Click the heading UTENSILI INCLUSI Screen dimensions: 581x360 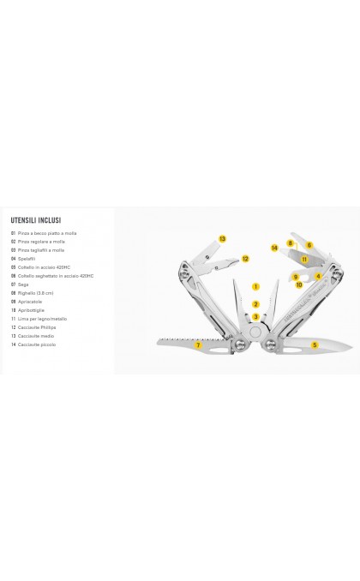(x=35, y=219)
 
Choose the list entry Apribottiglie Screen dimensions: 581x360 (x=33, y=309)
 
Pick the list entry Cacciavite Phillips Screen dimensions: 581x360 (x=39, y=326)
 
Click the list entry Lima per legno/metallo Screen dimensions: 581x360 (x=41, y=318)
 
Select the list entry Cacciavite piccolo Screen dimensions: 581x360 (x=38, y=344)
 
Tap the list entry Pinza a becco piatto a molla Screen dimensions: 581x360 (x=47, y=233)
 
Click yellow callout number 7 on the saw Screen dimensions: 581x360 (x=198, y=345)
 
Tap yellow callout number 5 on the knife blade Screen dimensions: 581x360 (x=315, y=345)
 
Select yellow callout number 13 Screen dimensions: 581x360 (x=222, y=239)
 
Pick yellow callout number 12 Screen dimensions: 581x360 (x=244, y=259)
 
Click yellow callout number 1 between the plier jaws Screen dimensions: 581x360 (x=255, y=287)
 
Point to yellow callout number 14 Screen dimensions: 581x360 (x=274, y=248)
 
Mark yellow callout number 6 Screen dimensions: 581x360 (x=309, y=245)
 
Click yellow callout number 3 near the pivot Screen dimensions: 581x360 (x=255, y=317)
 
